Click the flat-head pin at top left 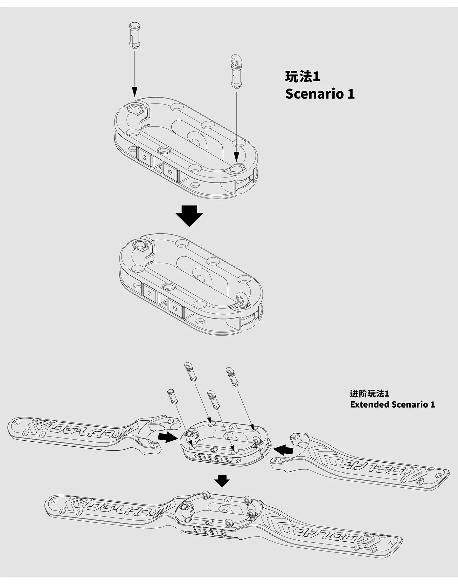[135, 36]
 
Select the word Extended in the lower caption [369, 404]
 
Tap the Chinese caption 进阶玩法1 [369, 394]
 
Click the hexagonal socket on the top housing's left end [135, 110]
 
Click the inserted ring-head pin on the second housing [241, 299]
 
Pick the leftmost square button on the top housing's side [144, 157]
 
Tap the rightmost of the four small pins [232, 376]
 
